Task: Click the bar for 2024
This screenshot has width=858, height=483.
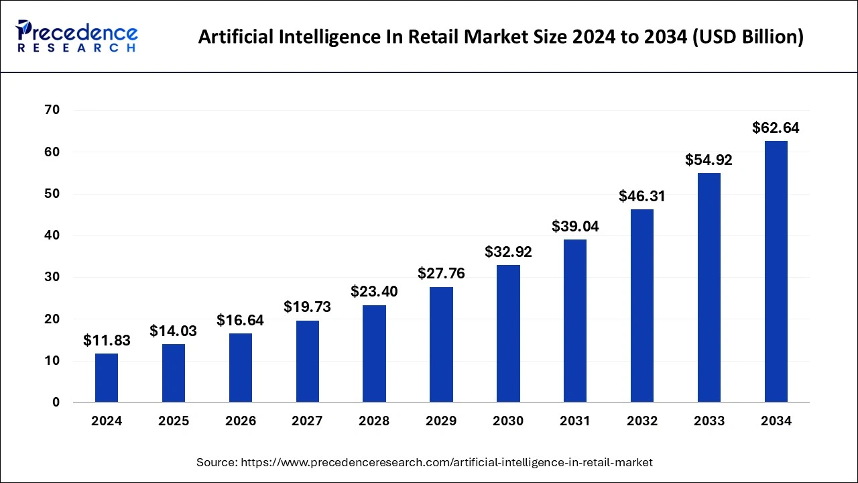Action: pyautogui.click(x=107, y=378)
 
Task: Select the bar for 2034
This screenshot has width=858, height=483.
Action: pyautogui.click(x=776, y=272)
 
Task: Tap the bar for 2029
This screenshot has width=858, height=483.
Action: pyautogui.click(x=441, y=345)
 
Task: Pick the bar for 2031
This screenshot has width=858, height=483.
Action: pyautogui.click(x=575, y=321)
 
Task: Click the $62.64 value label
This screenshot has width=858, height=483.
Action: pyautogui.click(x=776, y=127)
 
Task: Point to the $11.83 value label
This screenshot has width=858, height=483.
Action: pyautogui.click(x=107, y=341)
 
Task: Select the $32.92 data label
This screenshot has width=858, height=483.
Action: pyautogui.click(x=508, y=252)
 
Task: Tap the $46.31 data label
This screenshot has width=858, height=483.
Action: pyautogui.click(x=642, y=196)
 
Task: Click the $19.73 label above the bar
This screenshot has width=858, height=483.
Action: pyautogui.click(x=307, y=307)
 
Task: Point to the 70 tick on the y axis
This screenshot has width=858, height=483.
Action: pyautogui.click(x=52, y=110)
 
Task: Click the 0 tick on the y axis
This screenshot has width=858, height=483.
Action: pyautogui.click(x=56, y=402)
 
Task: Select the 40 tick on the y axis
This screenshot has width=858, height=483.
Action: pyautogui.click(x=52, y=235)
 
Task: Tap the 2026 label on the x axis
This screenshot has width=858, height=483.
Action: pyautogui.click(x=240, y=421)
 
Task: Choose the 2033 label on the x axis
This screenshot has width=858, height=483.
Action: pyautogui.click(x=709, y=421)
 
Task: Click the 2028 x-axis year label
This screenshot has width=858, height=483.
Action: pyautogui.click(x=374, y=421)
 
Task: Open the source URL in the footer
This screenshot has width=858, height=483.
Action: pyautogui.click(x=446, y=462)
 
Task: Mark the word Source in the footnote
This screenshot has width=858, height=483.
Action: pyautogui.click(x=217, y=462)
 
